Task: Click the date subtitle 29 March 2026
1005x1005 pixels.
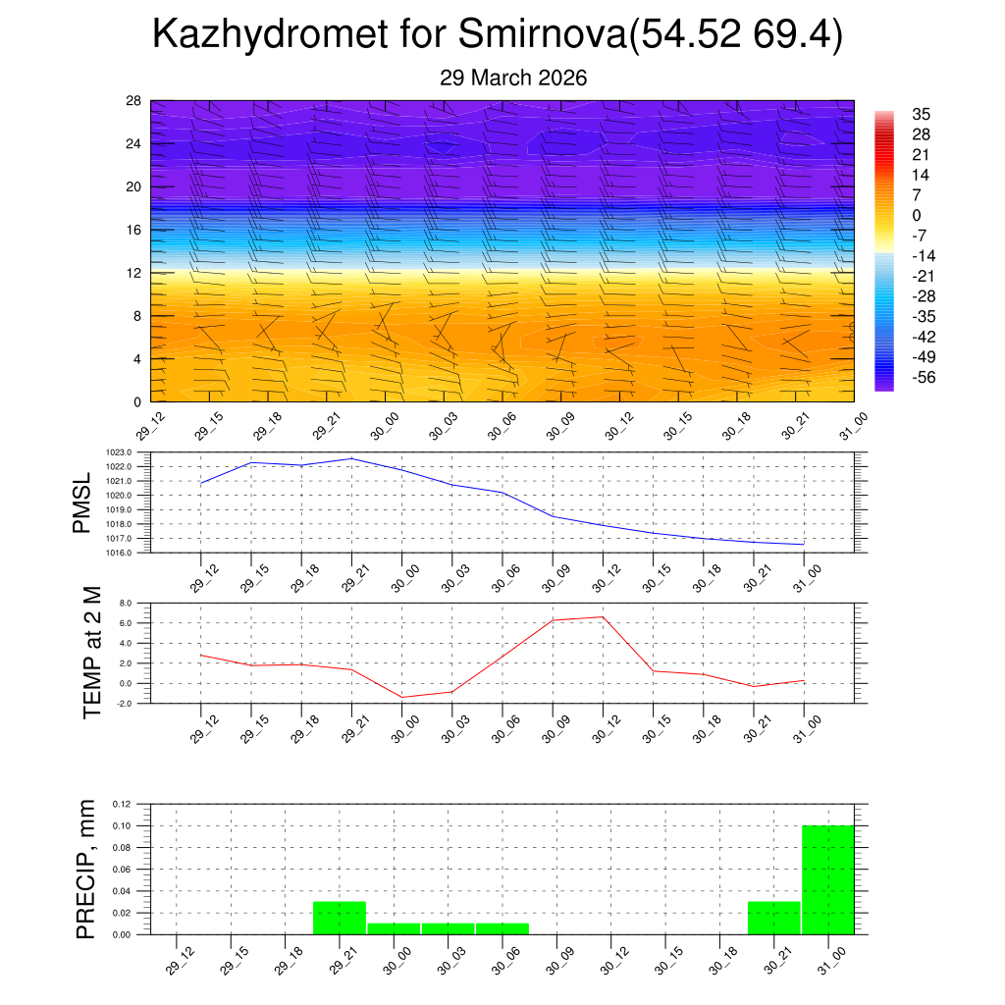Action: pyautogui.click(x=513, y=79)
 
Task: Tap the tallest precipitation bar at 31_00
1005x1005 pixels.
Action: pyautogui.click(x=828, y=879)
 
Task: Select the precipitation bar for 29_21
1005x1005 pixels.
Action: pyautogui.click(x=340, y=918)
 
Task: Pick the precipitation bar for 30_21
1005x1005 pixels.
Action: pyautogui.click(x=773, y=918)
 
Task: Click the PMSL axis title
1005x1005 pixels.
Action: pyautogui.click(x=82, y=502)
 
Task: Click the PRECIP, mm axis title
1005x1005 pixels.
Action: pyautogui.click(x=87, y=870)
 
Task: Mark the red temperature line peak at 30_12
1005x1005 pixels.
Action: pyautogui.click(x=602, y=617)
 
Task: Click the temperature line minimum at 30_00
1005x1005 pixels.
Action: pyautogui.click(x=401, y=697)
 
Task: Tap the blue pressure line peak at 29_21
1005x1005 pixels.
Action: pyautogui.click(x=351, y=458)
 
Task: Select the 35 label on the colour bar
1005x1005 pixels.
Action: pyautogui.click(x=921, y=114)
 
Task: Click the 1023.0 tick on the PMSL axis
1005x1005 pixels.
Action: pyautogui.click(x=120, y=452)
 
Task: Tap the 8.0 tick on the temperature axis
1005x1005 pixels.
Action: pyautogui.click(x=125, y=604)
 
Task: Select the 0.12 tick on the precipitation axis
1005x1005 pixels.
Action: pyautogui.click(x=121, y=804)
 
